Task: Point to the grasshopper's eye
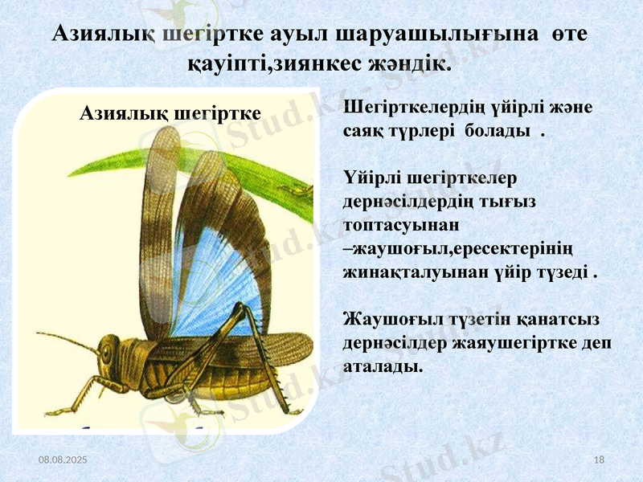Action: click(107, 350)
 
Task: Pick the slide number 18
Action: click(598, 459)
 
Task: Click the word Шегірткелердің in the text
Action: click(402, 108)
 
